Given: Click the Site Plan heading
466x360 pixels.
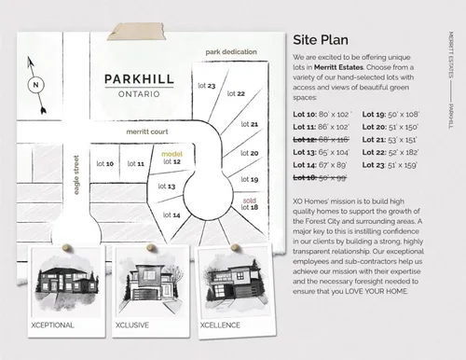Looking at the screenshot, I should [322, 40].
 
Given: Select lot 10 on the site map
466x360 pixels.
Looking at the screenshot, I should [103, 163].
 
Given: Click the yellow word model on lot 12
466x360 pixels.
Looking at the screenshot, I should [171, 154].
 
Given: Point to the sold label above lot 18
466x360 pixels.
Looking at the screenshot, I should [249, 199].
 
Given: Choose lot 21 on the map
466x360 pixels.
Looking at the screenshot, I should [248, 124].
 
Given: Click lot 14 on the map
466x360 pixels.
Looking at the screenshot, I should [171, 215].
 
